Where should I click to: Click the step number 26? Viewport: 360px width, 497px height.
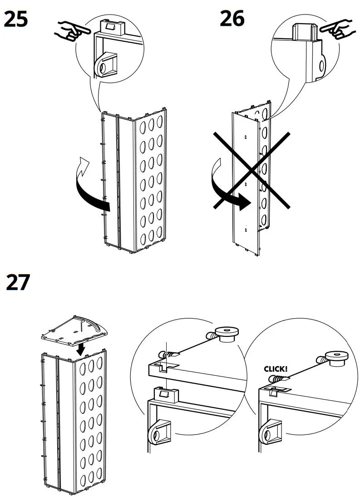coord(232,19)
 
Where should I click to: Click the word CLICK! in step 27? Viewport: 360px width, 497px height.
coord(276,369)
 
